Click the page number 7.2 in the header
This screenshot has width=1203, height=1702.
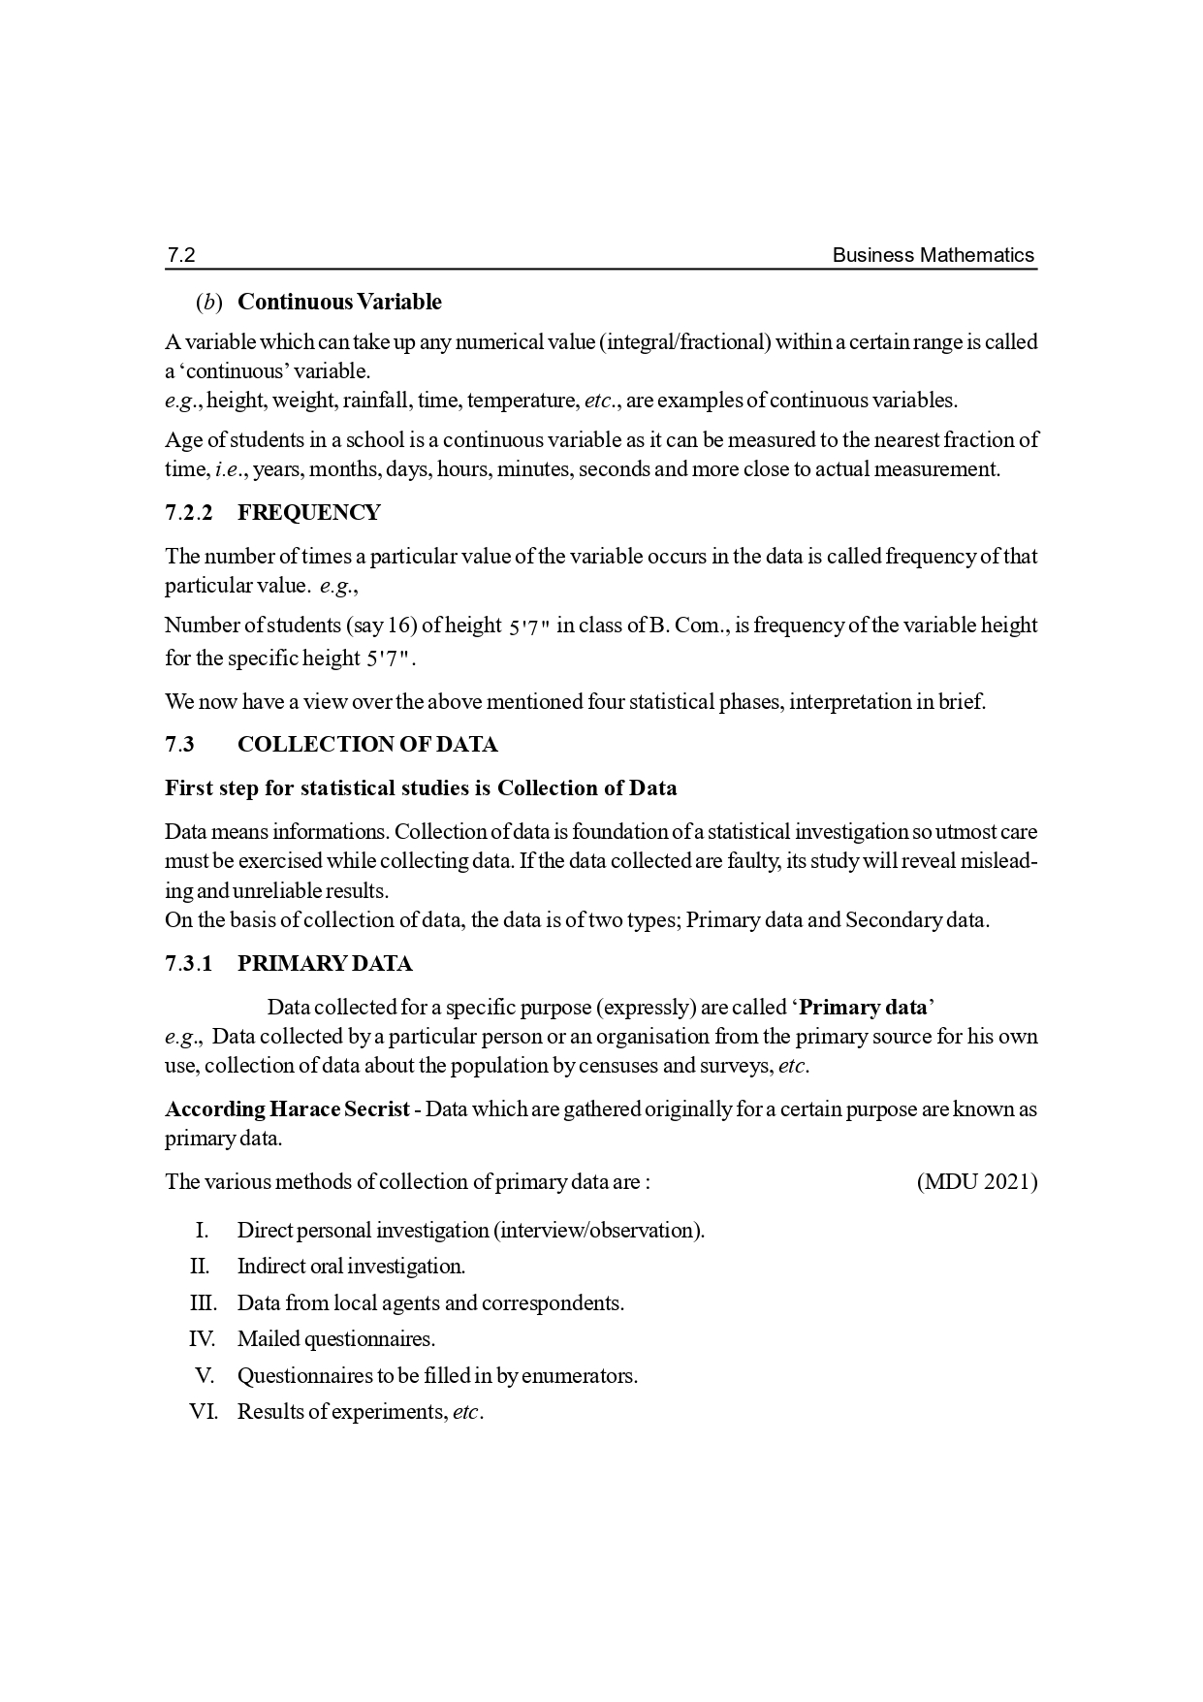click(x=181, y=255)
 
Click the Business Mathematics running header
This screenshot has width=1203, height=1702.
click(x=934, y=255)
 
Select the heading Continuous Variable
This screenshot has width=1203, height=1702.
click(x=339, y=303)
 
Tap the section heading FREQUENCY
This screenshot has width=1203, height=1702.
click(x=309, y=513)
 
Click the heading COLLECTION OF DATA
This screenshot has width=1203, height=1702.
click(x=367, y=745)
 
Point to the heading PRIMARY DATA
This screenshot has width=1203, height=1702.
click(x=325, y=964)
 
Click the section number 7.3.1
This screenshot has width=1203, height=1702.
click(x=188, y=964)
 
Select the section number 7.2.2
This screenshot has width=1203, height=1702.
click(x=188, y=513)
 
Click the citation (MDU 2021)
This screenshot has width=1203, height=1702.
click(x=976, y=1182)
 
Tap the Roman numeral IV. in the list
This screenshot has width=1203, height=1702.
click(x=202, y=1339)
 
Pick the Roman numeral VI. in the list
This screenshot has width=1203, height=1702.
click(x=203, y=1412)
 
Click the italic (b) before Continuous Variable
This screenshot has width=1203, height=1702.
click(x=209, y=303)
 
